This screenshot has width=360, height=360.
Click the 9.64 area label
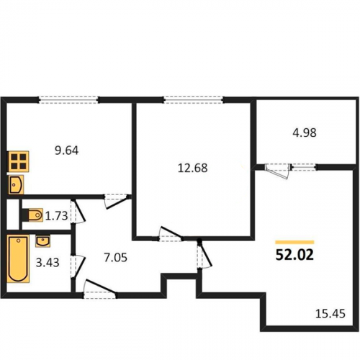[67, 150]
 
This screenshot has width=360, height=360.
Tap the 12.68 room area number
[192, 168]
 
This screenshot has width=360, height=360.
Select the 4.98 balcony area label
[305, 132]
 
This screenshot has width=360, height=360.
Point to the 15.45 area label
[330, 314]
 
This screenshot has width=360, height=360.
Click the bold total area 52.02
[294, 255]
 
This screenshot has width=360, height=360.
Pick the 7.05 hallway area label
[116, 258]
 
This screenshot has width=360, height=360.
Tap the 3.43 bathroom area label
[48, 263]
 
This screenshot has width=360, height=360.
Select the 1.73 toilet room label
[56, 216]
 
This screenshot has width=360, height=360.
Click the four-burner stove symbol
[18, 161]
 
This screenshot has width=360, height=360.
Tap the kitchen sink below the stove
[16, 184]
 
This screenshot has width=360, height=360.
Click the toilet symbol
[32, 215]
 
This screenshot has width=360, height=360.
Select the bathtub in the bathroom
[18, 258]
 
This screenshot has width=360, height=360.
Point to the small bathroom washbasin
[42, 240]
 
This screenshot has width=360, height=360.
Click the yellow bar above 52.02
[294, 242]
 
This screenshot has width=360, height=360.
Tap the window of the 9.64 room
[68, 99]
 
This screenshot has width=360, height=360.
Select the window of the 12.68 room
[194, 99]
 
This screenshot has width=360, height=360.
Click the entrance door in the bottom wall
[99, 289]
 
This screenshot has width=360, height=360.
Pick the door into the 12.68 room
[171, 234]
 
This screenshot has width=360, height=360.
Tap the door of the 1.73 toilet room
[78, 211]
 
